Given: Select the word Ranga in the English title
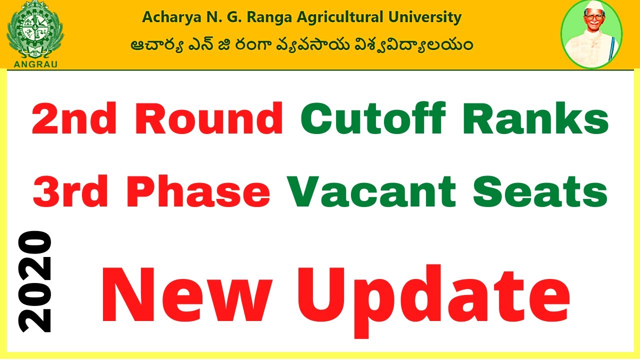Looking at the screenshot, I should (267, 17).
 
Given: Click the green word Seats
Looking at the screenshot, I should (540, 192).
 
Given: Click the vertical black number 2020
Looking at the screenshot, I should (35, 282).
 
